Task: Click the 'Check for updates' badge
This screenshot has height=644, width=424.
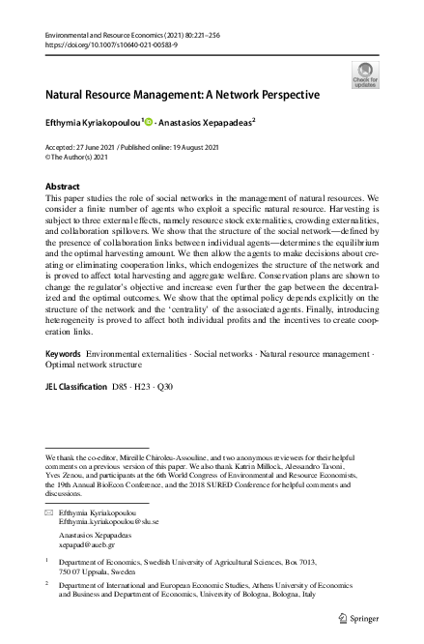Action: tap(366, 74)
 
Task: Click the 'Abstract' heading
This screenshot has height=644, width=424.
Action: tap(64, 186)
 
